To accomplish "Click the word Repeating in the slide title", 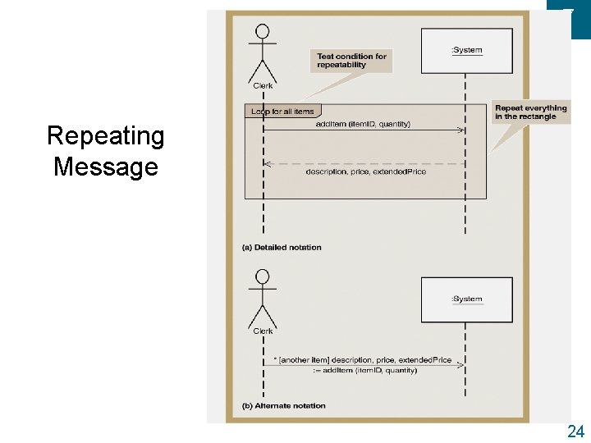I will click(105, 136).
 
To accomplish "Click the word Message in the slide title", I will click(105, 167).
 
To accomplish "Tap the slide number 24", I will click(575, 432).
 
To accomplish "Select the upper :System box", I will click(466, 50).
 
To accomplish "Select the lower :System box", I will click(466, 299).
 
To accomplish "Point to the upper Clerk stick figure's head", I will click(263, 32).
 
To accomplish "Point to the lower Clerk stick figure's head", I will click(263, 276).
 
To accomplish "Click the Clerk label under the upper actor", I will click(263, 84).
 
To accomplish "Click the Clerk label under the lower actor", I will click(263, 331).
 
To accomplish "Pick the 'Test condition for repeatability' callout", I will click(351, 61).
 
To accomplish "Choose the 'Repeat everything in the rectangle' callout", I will click(530, 112).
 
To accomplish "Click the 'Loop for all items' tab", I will click(282, 111).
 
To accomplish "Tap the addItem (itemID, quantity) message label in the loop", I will click(363, 124).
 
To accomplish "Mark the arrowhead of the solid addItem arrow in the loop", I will click(462, 130).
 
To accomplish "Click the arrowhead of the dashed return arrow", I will click(266, 164).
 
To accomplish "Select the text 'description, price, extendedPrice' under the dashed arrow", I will click(365, 172).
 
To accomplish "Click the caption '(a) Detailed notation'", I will click(282, 247).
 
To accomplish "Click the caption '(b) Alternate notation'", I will click(284, 405).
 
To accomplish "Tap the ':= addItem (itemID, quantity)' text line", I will click(365, 371).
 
